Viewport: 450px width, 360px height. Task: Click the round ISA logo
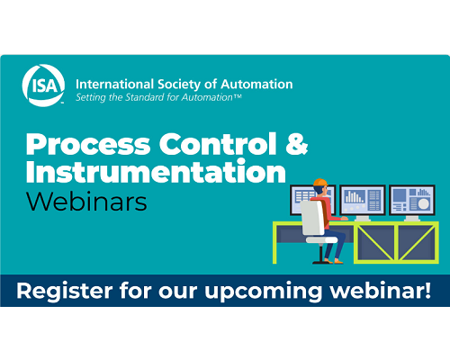[x=43, y=85]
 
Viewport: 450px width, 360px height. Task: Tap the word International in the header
[x=114, y=85]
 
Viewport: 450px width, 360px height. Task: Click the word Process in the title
[x=88, y=144]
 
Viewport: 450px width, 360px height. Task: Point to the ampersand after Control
[x=297, y=144]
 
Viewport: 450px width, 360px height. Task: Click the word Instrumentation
[x=156, y=171]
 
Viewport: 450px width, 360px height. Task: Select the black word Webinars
[x=86, y=201]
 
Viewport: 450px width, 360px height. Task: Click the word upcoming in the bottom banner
[x=263, y=292]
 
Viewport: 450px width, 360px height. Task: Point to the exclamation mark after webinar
[x=427, y=290]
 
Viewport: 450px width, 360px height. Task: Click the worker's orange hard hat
[x=320, y=182]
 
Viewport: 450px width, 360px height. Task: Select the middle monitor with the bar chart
[x=363, y=200]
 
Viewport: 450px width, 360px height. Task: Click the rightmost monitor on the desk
[x=412, y=200]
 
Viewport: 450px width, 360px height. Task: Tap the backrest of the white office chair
[x=312, y=218]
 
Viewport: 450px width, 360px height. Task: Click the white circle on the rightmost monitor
[x=424, y=203]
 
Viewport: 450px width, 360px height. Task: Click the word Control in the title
[x=218, y=144]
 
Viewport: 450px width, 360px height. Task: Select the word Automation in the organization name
[x=256, y=85]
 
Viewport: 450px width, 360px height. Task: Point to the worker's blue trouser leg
[x=334, y=245]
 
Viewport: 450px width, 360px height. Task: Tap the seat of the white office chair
[x=321, y=239]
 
